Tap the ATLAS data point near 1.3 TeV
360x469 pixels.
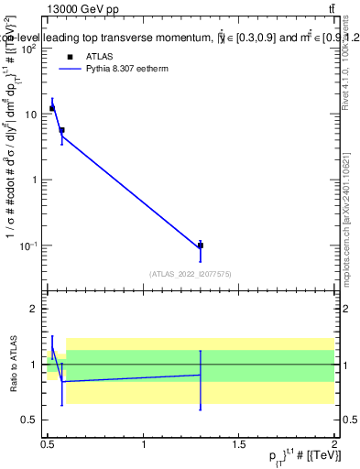tap(200, 245)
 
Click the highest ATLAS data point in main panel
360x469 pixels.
tap(52, 108)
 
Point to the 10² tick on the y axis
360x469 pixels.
tap(33, 49)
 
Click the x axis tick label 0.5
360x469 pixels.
tap(48, 444)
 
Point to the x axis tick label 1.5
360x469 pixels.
tap(239, 444)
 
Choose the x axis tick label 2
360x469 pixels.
tap(334, 444)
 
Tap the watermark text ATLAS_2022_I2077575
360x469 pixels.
tap(190, 274)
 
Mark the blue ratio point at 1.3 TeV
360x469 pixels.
tap(200, 375)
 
